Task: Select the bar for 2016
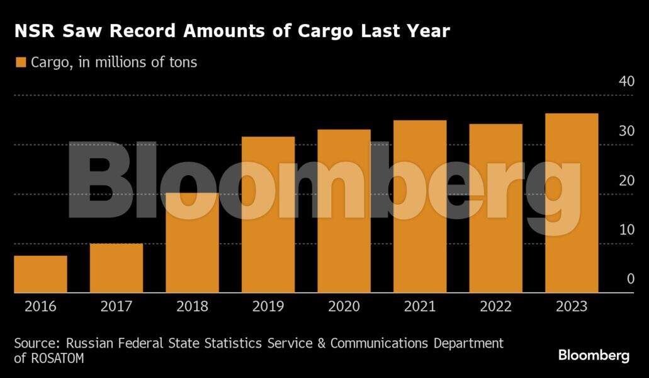click(x=40, y=274)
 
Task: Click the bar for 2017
click(x=116, y=268)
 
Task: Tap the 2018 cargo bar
click(x=192, y=243)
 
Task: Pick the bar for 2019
click(x=268, y=215)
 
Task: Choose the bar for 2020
click(x=344, y=211)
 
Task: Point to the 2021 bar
click(x=420, y=207)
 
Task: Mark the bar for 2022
click(x=495, y=209)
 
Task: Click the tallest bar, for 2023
click(x=572, y=203)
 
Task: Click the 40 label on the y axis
click(x=626, y=81)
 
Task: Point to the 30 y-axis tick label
click(x=626, y=131)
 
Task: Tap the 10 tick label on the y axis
click(x=626, y=229)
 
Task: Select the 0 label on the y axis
click(x=630, y=279)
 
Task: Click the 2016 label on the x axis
click(x=40, y=307)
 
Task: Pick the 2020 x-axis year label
click(x=344, y=307)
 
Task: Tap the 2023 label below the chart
click(x=572, y=307)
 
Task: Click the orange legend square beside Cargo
click(x=20, y=62)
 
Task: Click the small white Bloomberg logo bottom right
click(x=594, y=356)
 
